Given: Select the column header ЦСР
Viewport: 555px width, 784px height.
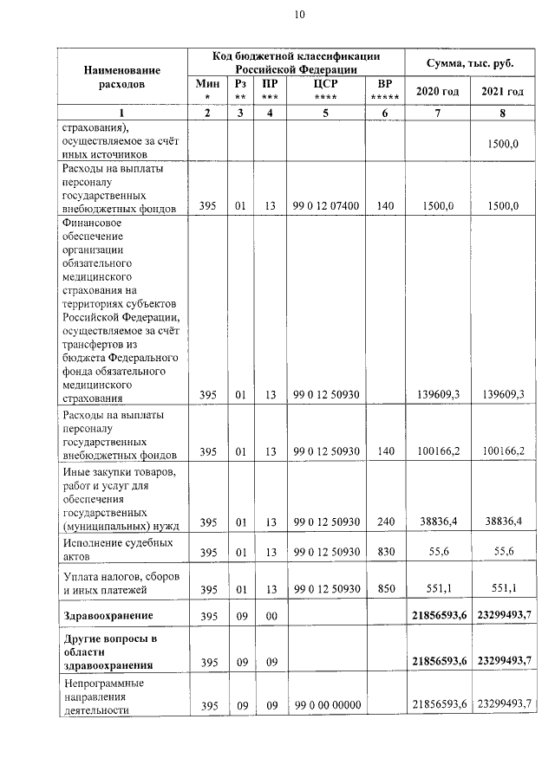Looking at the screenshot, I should [325, 84].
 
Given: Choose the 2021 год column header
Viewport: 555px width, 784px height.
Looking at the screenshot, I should [503, 91].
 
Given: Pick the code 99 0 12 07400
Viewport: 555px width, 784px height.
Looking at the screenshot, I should [326, 206].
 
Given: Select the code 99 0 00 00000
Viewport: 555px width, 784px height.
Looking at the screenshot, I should [326, 704].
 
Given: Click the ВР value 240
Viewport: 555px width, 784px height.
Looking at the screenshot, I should [385, 522].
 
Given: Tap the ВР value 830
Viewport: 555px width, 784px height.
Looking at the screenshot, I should [385, 552].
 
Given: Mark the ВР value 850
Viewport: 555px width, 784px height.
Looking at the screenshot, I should [385, 588].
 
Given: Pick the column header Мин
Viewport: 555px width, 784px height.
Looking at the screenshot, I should [207, 84].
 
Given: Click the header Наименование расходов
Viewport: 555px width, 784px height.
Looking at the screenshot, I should [122, 77].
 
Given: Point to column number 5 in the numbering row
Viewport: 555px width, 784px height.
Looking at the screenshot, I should [325, 114].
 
